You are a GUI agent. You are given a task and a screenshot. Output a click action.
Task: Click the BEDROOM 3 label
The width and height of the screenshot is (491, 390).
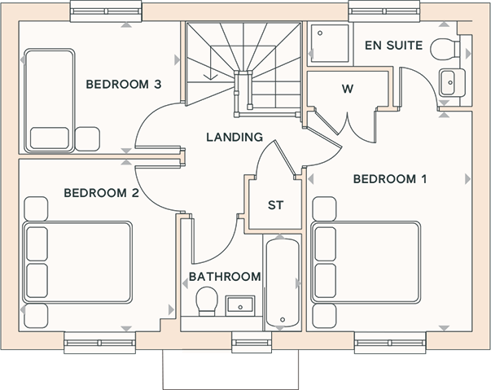point(124,85)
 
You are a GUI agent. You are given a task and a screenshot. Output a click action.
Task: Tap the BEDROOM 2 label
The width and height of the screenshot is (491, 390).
point(102,193)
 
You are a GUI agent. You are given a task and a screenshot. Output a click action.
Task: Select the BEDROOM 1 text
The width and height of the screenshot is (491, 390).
point(390,179)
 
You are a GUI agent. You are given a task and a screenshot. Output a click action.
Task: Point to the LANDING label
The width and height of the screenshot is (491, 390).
point(235,137)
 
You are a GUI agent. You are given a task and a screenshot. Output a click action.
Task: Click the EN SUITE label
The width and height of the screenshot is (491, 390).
point(393,46)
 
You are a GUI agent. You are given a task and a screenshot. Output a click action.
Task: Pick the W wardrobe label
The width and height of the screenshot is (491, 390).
point(348,89)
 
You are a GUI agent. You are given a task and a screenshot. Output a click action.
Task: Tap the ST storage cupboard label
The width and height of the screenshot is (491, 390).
point(275,205)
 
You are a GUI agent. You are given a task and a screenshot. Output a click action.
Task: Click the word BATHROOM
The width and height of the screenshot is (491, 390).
point(225,277)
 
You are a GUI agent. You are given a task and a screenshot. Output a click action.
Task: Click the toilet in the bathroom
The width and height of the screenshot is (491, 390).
point(207,301)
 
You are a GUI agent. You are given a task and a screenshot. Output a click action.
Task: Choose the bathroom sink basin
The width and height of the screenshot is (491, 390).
point(240,305)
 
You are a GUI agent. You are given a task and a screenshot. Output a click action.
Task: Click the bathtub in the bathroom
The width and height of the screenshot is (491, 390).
point(283,283)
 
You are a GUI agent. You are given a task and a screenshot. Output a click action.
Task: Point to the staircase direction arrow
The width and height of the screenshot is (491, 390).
point(210,65)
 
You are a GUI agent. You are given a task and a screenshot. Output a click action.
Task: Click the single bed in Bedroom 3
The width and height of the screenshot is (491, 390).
point(49,100)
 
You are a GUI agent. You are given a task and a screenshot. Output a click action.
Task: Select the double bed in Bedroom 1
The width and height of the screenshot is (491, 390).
point(366,262)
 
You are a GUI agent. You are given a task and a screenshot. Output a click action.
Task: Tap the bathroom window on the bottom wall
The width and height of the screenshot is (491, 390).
point(252,343)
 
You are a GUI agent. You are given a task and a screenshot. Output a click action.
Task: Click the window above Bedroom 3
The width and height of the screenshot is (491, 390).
point(106,11)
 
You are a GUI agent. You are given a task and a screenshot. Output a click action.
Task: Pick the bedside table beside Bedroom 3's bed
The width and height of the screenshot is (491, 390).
point(87,138)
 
